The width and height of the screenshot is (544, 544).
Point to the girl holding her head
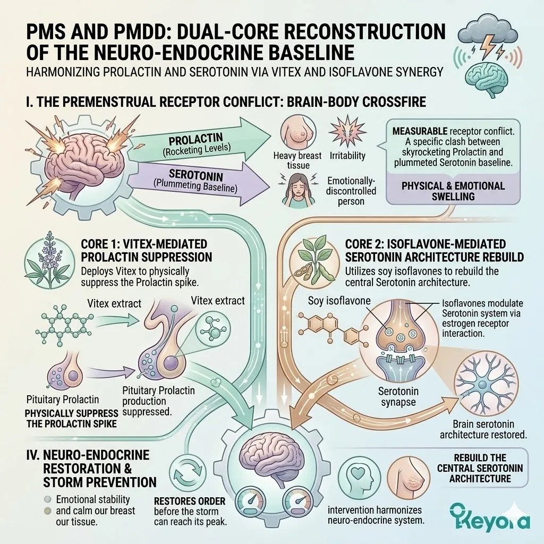298,191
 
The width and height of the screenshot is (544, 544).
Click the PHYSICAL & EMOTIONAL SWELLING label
453,191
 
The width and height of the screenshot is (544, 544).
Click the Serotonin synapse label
398,396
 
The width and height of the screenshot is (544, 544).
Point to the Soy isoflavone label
339,301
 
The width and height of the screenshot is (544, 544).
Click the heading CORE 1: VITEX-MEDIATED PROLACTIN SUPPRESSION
147,251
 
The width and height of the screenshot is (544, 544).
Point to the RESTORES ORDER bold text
190,501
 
